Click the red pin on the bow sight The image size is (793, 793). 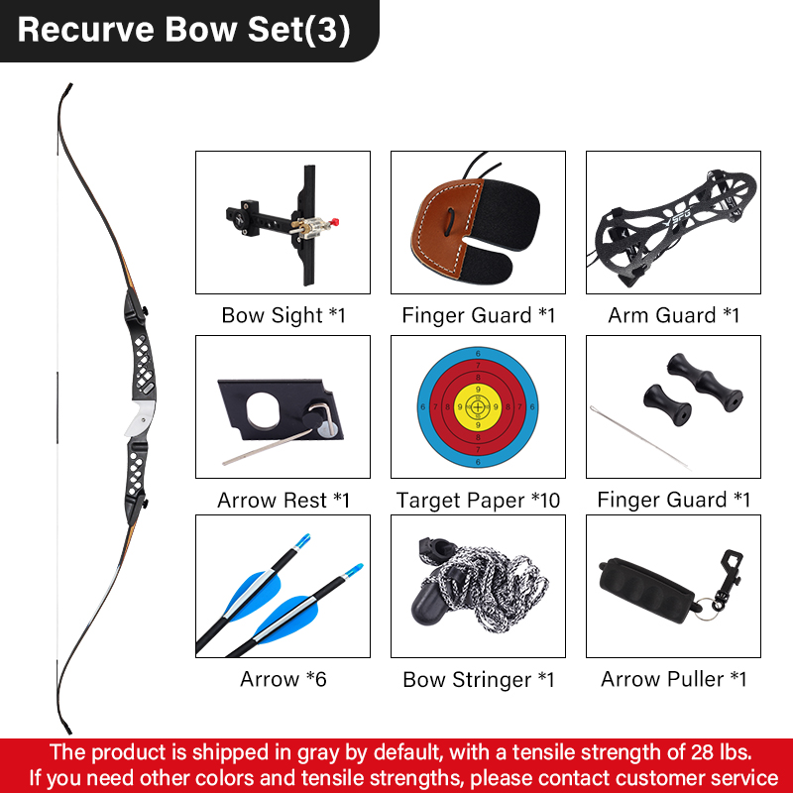(334, 222)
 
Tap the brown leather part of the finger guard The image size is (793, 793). (441, 226)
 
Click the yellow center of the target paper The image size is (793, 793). (478, 406)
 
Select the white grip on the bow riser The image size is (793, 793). (140, 418)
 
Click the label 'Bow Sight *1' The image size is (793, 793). (283, 315)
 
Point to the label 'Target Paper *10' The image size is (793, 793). (478, 501)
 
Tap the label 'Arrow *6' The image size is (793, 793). (283, 679)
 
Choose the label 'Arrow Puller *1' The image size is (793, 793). (674, 679)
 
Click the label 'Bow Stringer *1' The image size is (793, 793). (479, 680)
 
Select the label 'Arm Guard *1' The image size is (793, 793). (674, 315)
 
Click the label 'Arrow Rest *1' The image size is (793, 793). (283, 501)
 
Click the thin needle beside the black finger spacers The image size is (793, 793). (639, 437)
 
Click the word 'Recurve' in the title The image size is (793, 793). (86, 30)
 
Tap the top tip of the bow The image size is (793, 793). (69, 85)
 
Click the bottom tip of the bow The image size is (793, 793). (69, 731)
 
